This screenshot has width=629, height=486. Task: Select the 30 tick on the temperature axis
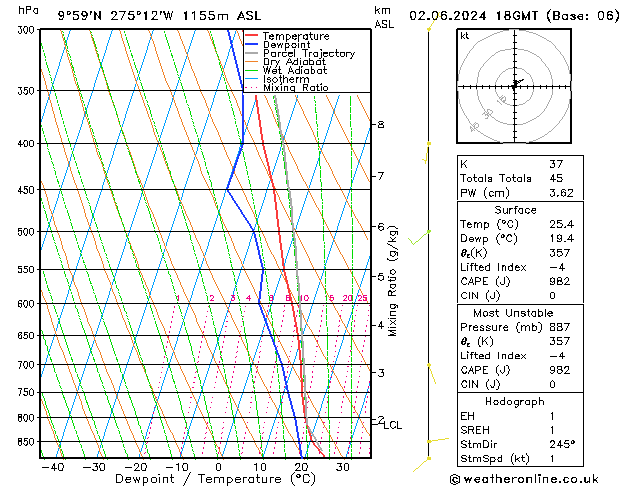[342, 467]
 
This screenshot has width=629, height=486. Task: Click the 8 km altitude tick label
[380, 124]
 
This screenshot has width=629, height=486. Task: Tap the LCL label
[392, 425]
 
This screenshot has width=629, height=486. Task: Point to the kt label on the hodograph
[464, 35]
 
